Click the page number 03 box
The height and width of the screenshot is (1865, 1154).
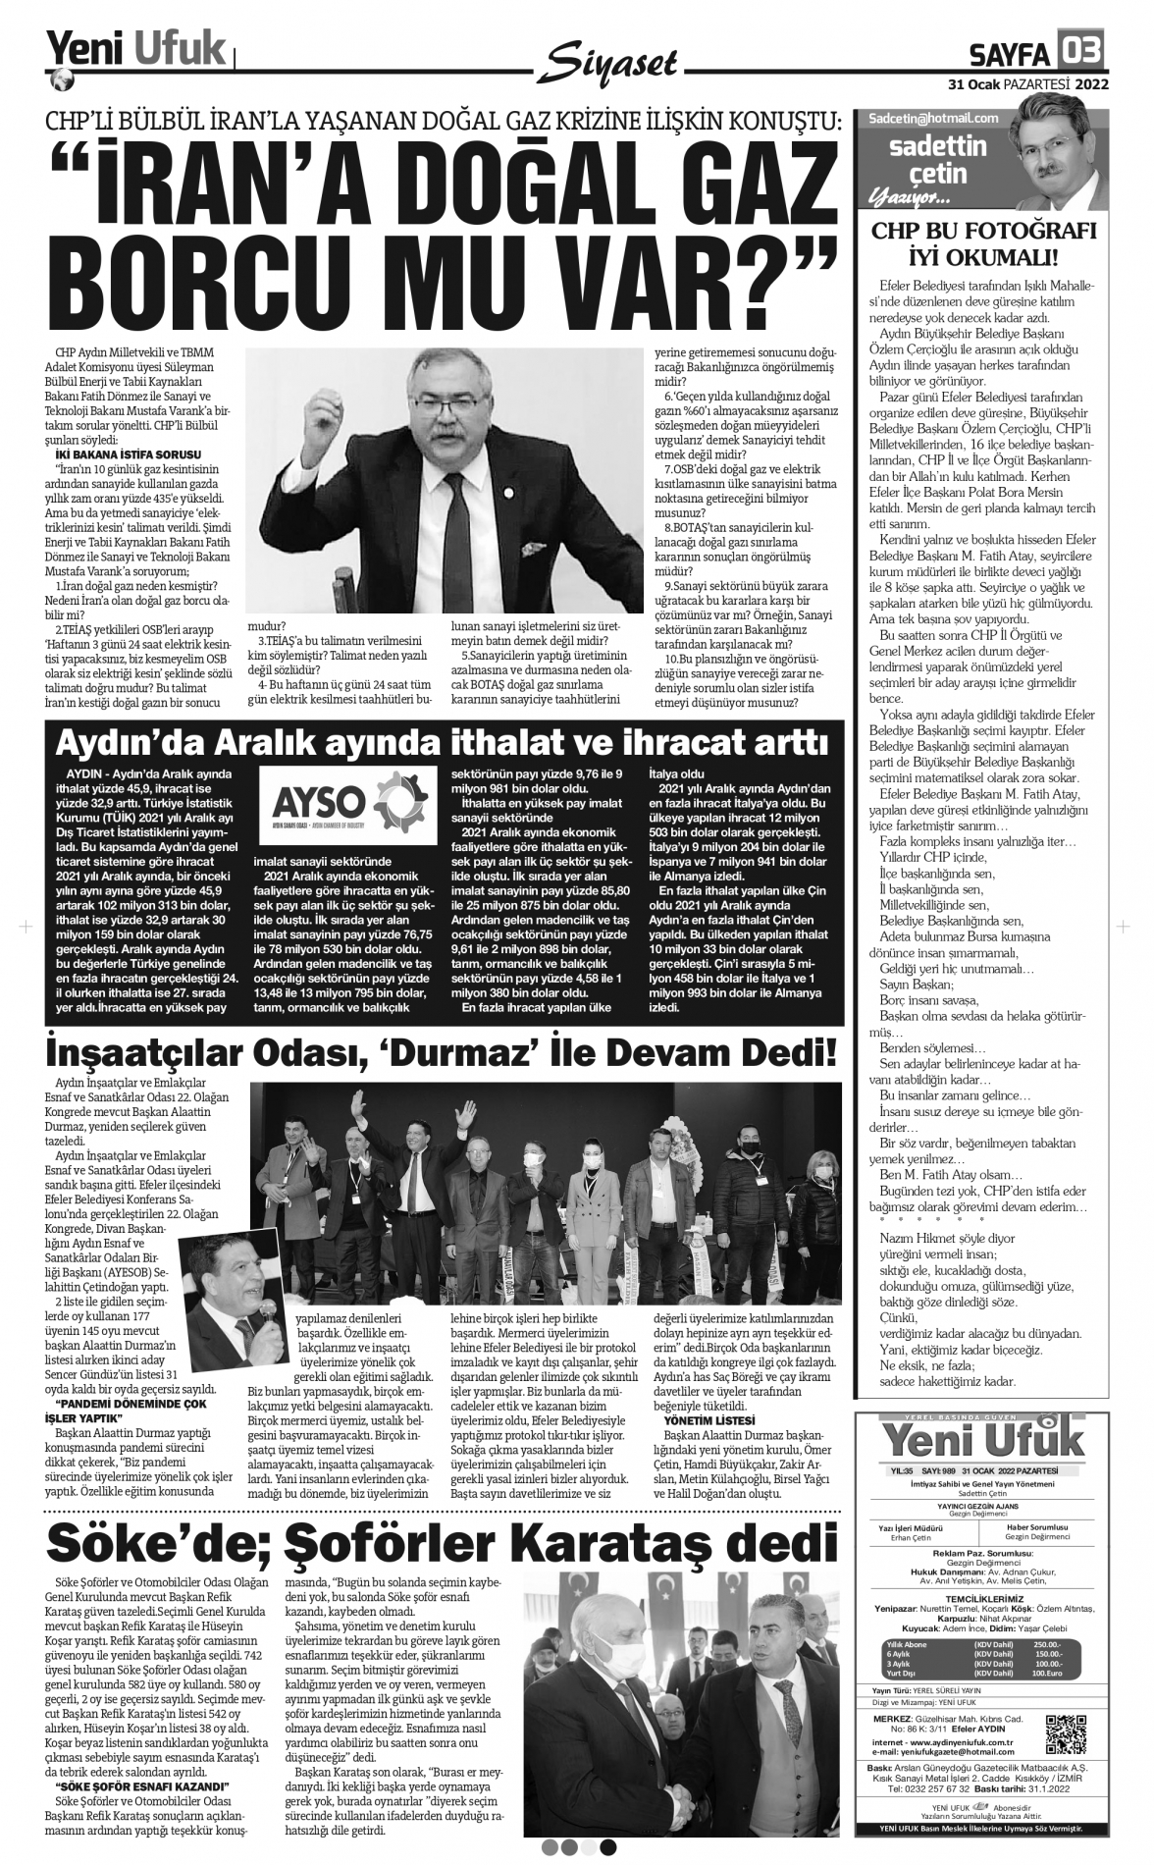coord(1080,47)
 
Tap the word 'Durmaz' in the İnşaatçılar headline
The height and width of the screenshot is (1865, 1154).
coord(534,1053)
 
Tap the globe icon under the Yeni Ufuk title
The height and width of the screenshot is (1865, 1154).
coord(61,78)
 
